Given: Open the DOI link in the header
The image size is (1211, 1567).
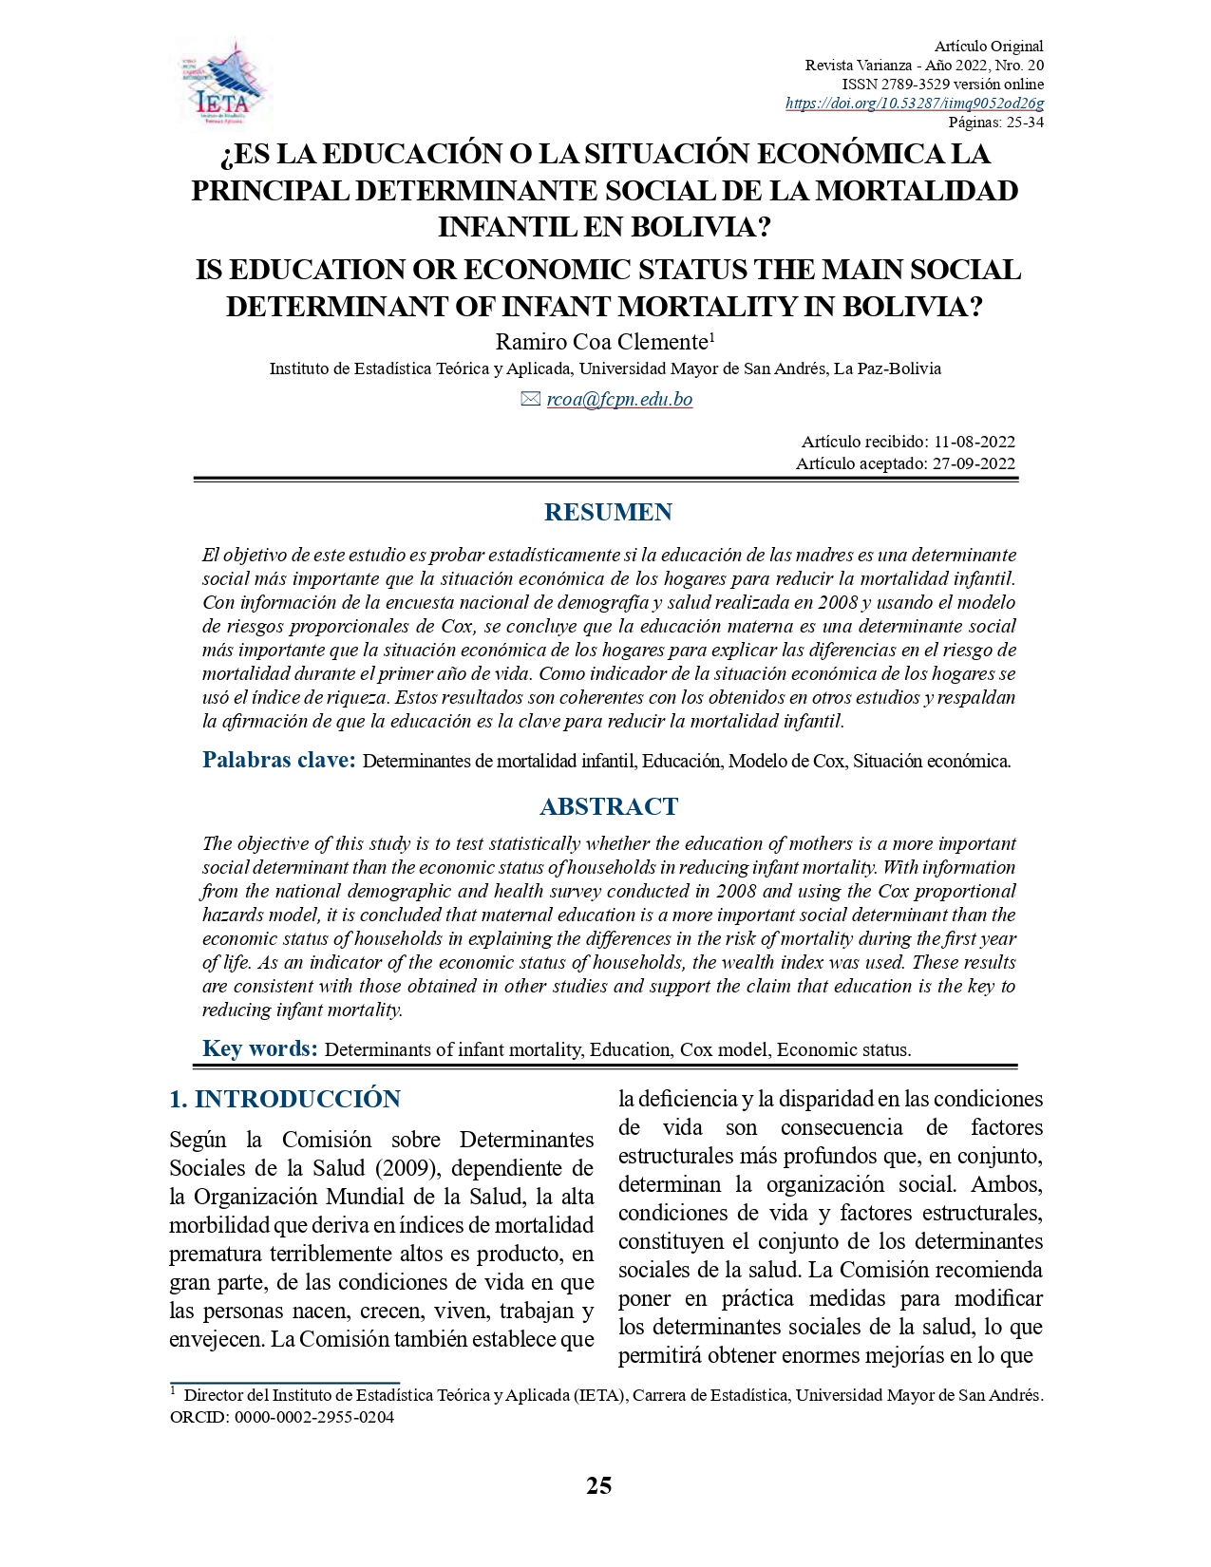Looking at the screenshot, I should pos(914,104).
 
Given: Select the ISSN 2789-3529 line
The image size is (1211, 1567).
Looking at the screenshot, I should pos(942,85).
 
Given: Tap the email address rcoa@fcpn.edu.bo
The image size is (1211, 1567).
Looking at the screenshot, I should pos(619,400).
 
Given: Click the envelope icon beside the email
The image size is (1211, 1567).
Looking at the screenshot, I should pos(531,400).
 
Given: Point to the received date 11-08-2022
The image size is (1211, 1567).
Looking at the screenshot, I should pos(974,442).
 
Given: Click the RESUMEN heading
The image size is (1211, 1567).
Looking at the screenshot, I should pos(608,513).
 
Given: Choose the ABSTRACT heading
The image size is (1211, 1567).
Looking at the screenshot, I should pos(609,807).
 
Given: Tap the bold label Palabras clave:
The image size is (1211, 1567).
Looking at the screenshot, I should pos(278,760).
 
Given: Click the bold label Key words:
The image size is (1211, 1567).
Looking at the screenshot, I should pos(259,1048).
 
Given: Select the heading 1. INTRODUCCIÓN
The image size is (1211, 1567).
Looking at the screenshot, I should pos(285,1099).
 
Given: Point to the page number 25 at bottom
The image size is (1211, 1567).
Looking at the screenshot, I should pos(598,1486).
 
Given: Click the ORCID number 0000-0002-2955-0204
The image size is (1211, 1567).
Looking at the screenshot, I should pos(313,1418).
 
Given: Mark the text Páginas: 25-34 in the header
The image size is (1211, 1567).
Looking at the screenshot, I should pos(995,123).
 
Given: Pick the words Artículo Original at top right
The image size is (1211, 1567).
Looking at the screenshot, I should pos(988,47).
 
